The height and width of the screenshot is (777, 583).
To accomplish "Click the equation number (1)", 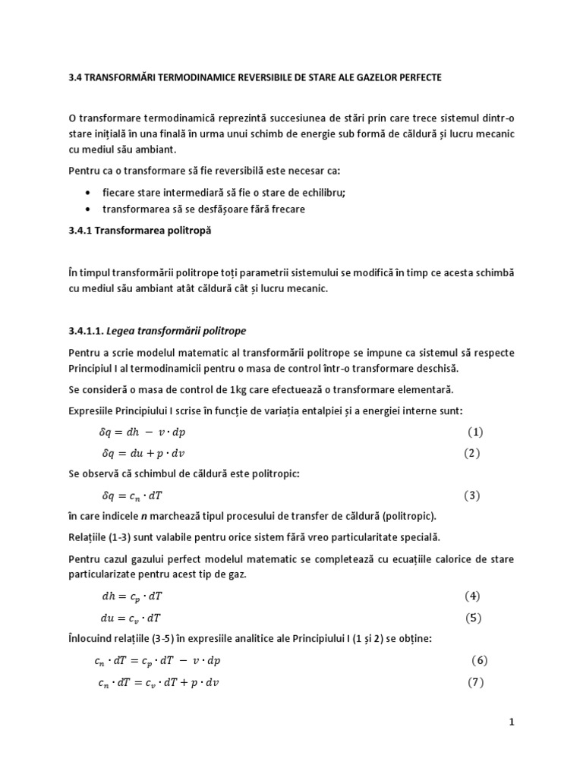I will click(474, 433).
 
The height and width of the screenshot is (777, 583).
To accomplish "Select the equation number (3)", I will click(473, 496).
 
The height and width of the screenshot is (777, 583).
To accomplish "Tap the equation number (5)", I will click(473, 618).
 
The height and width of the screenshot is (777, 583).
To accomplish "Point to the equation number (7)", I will click(474, 681).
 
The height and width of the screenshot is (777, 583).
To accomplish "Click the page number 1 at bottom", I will click(512, 722).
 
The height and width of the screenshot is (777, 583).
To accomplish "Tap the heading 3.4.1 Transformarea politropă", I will click(137, 231).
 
